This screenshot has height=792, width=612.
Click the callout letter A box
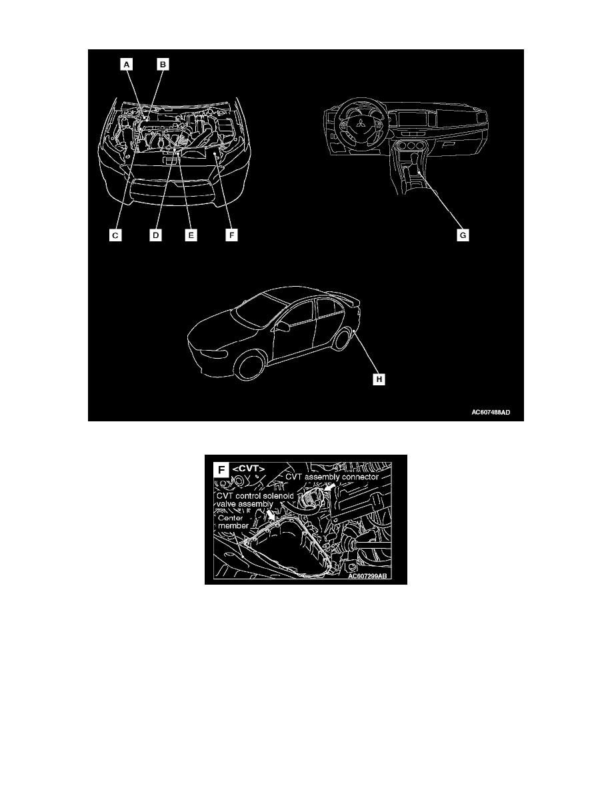[x=127, y=65]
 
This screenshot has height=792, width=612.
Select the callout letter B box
[x=163, y=65]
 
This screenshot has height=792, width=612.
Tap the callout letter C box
[x=115, y=235]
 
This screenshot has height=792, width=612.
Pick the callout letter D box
[x=155, y=235]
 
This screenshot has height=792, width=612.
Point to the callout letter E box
[x=191, y=235]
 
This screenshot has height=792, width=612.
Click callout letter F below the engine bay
[x=231, y=235]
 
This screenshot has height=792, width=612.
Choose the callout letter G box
[x=461, y=235]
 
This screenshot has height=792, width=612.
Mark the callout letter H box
[x=379, y=380]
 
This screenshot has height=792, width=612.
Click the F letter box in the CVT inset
[x=222, y=469]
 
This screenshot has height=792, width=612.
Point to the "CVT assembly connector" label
[x=332, y=477]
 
